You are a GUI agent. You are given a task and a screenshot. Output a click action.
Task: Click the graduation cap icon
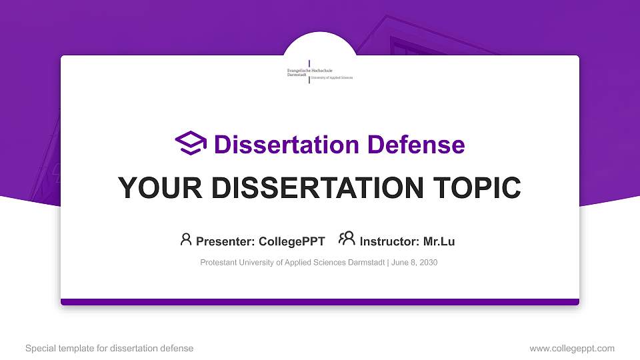191,143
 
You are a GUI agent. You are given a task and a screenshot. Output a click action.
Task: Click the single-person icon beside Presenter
186,239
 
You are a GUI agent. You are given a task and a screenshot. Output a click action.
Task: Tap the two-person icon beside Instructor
347,239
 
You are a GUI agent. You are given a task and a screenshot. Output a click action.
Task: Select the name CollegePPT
291,241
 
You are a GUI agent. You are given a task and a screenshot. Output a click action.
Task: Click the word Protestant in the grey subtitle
218,263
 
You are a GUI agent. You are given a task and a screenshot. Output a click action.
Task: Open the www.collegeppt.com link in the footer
572,348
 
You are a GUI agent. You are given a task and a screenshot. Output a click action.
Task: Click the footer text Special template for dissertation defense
109,348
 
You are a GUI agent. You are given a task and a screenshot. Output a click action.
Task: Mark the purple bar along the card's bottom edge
320,302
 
